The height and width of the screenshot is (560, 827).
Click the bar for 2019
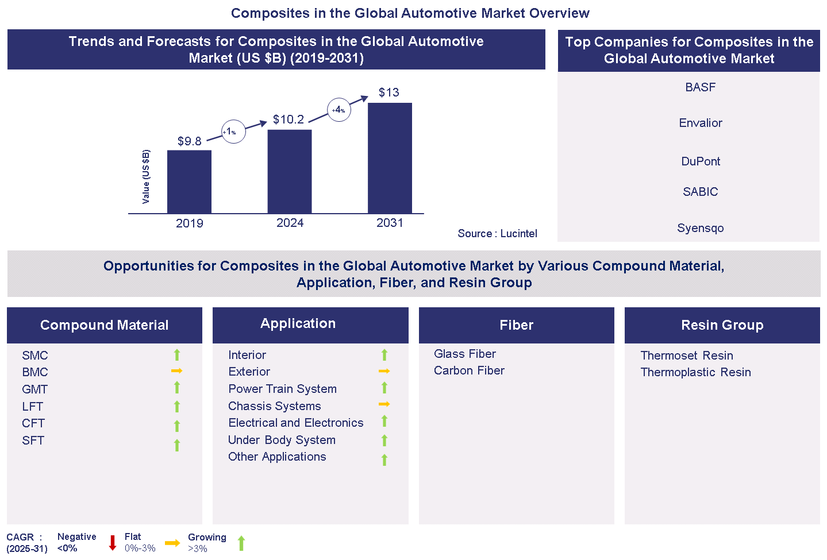189,181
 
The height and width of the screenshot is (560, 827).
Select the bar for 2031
390,158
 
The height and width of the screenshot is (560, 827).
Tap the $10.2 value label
289,119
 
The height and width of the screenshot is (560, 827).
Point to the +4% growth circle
339,110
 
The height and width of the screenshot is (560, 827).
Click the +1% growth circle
233,132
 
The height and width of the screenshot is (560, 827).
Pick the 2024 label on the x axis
290,223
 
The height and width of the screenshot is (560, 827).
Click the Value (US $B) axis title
146,176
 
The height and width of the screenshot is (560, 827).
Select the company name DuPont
700,161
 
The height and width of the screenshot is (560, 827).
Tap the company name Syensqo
700,228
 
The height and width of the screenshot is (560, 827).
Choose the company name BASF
700,87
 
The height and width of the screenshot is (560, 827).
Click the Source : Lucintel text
497,233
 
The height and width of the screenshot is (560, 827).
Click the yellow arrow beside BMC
176,371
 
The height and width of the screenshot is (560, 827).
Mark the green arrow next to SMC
177,355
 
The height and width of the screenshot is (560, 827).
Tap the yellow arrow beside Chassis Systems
384,404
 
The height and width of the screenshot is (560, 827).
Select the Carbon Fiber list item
469,370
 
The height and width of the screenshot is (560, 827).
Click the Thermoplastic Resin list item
695,372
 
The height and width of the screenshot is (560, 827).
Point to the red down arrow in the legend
113,543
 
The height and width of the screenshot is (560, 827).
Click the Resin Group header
722,325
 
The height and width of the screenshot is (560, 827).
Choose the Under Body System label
282,440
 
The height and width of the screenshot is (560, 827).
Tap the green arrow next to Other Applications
384,459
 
